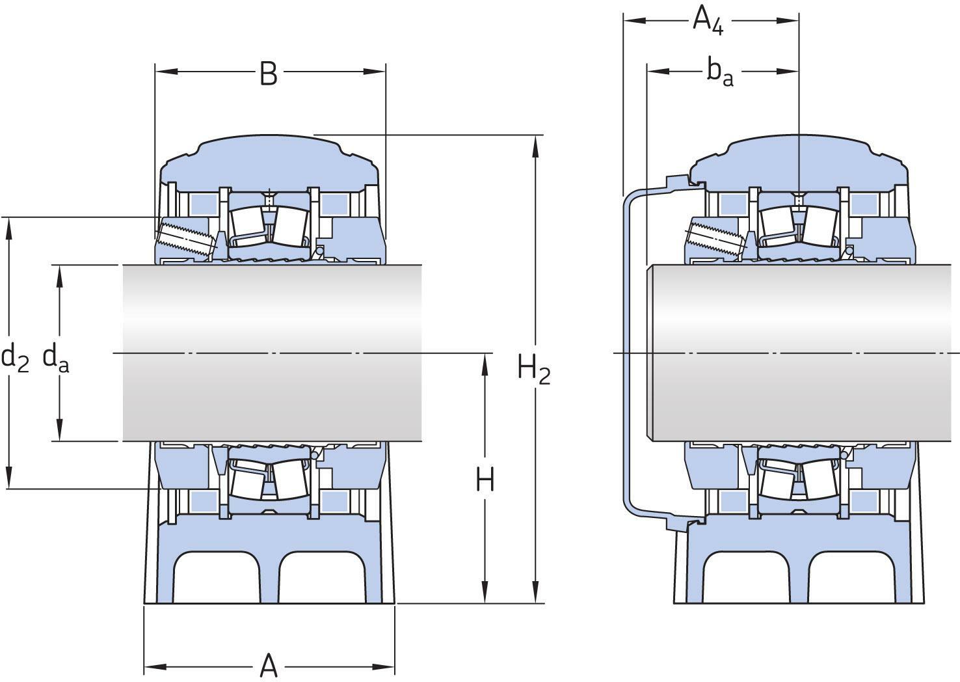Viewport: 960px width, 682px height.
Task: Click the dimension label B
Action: tap(269, 74)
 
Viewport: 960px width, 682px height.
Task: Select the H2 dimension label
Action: tap(534, 369)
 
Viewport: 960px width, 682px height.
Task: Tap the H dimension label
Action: tap(485, 480)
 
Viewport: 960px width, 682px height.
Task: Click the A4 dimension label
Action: tap(708, 20)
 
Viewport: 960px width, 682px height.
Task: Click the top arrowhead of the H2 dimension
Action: tap(536, 146)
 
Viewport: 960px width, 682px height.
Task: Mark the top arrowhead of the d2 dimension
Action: tap(9, 228)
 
